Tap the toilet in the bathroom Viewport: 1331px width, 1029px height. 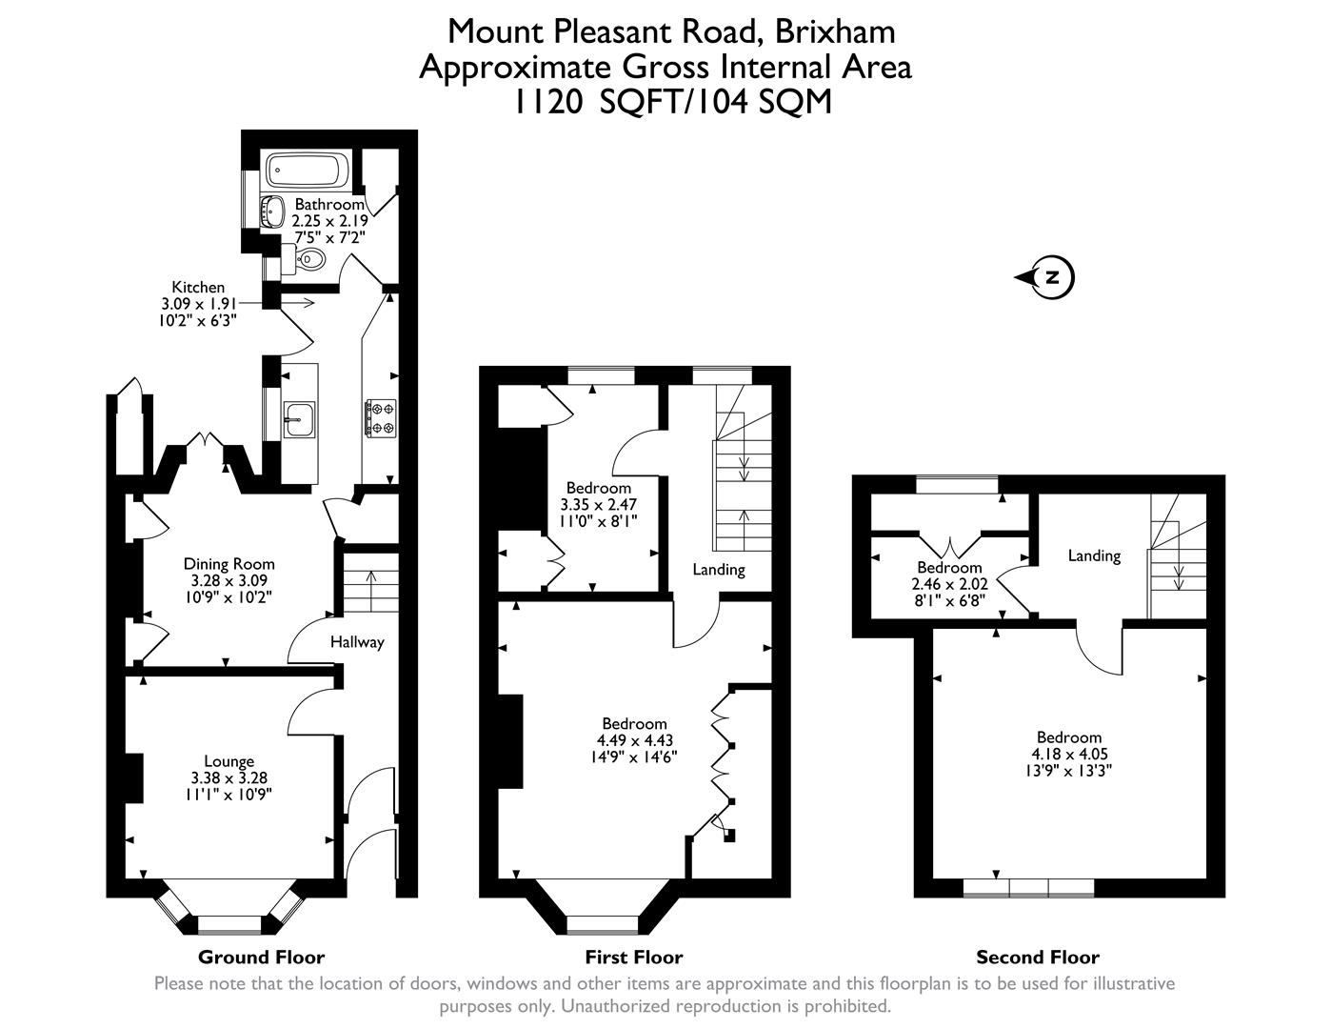(x=310, y=258)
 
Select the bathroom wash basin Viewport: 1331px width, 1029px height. (x=274, y=211)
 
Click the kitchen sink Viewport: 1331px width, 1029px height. (x=300, y=417)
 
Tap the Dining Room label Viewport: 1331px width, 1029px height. (x=228, y=564)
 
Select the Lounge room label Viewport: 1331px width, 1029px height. (x=228, y=761)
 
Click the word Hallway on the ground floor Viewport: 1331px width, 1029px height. (x=357, y=642)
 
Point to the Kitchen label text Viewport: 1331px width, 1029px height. (x=198, y=287)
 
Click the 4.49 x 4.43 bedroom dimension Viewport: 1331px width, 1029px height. (x=632, y=740)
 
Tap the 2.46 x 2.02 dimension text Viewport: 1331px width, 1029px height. (x=949, y=584)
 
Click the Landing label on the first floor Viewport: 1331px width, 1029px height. (x=718, y=570)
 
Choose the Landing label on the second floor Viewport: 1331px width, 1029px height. (x=1094, y=555)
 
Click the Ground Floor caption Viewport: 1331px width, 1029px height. (x=261, y=958)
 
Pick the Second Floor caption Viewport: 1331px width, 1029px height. (x=1037, y=958)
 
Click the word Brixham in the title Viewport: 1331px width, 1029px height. (x=834, y=31)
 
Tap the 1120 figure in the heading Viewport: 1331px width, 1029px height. (x=547, y=101)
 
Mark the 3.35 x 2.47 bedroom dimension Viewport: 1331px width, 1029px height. (x=599, y=504)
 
